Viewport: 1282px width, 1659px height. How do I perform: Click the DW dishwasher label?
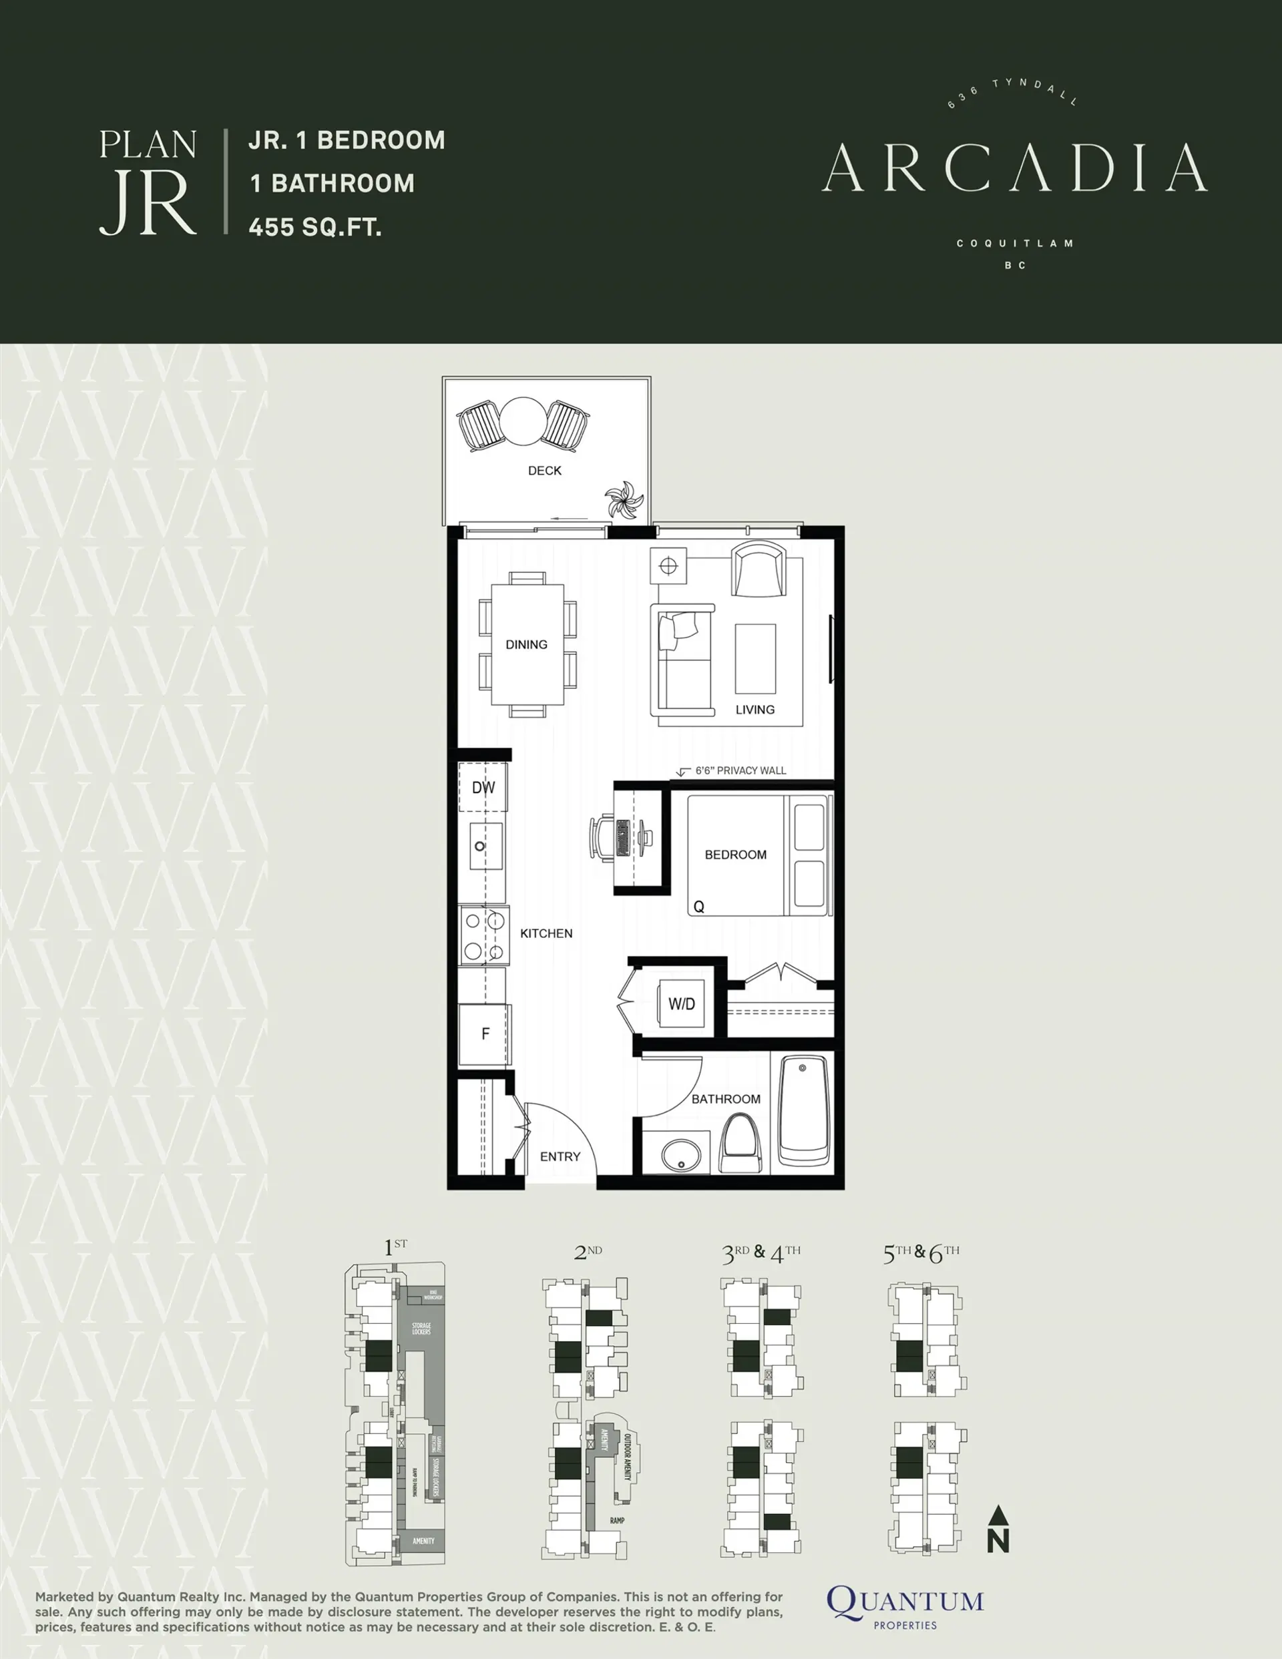point(483,788)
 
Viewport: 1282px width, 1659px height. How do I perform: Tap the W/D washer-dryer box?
point(681,1003)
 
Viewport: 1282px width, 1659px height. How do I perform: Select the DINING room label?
point(527,644)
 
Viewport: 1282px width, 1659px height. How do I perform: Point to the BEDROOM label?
point(736,855)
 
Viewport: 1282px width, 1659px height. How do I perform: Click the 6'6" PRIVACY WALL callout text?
point(740,770)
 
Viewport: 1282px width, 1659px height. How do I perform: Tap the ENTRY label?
point(560,1156)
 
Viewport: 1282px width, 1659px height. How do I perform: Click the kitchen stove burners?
point(484,935)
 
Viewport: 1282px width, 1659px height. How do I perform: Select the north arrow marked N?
point(998,1528)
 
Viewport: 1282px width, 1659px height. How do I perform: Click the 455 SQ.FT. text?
point(315,226)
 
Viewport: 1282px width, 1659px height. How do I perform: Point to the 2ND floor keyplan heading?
point(588,1252)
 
